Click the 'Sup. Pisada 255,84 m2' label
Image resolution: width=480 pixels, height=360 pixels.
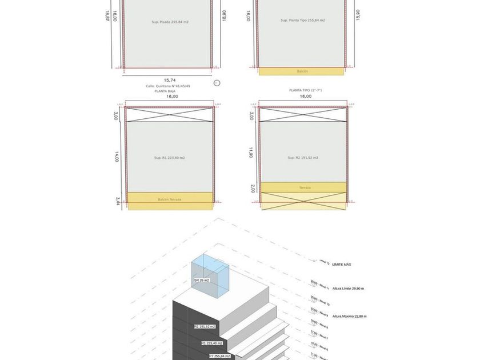(170, 22)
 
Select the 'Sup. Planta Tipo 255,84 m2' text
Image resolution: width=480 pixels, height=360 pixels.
(302, 20)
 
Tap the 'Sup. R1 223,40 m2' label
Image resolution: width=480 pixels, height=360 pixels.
(169, 158)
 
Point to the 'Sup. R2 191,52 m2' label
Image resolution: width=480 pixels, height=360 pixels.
(303, 158)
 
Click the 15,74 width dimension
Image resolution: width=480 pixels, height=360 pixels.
(170, 80)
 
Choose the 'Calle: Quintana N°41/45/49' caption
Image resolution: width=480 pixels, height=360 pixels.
(168, 86)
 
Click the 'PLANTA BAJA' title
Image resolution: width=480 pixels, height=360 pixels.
(165, 91)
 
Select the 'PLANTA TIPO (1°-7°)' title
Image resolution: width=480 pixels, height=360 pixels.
(305, 90)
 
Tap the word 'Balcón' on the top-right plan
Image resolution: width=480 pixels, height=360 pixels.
(302, 71)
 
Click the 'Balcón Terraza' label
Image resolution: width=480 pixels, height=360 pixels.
(169, 199)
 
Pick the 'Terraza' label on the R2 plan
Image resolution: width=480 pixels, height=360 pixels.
(305, 187)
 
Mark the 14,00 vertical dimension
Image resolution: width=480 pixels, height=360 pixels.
(117, 157)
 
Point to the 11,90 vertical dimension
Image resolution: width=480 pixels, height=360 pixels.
(251, 153)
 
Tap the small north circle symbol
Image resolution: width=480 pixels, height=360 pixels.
(217, 83)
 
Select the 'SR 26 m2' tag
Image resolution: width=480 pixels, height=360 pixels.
(202, 281)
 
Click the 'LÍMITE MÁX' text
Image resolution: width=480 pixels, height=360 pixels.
(342, 265)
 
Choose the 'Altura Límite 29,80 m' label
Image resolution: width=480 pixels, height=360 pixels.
(348, 289)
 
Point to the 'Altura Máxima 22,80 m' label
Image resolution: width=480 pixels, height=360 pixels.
(349, 316)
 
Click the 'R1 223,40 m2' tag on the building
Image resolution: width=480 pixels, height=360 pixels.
(211, 343)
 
